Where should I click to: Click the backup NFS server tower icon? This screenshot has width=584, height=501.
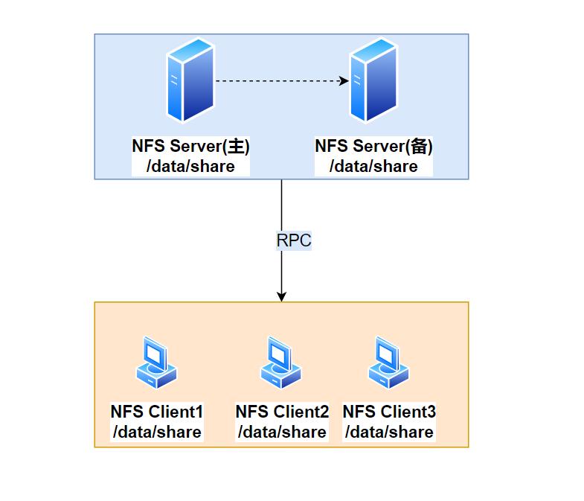tap(373, 81)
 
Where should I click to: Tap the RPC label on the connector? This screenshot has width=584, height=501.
tap(293, 240)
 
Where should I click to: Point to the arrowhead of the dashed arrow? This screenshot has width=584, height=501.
tap(344, 81)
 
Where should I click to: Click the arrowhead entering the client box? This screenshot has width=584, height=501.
tap(281, 296)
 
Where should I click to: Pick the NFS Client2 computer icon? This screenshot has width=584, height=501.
tap(281, 363)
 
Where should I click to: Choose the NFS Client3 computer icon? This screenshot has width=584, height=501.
tap(389, 363)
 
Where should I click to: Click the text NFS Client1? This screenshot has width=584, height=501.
tap(156, 412)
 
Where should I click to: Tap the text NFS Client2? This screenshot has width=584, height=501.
tap(281, 412)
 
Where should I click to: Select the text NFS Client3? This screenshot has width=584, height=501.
tap(389, 412)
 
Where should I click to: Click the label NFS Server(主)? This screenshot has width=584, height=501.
tap(191, 146)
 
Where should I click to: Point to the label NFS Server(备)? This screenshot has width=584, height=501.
tap(373, 146)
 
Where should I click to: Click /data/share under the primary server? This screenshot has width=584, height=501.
tap(191, 166)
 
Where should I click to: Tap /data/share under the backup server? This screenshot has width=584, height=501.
tap(373, 166)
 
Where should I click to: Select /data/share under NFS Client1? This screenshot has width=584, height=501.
tap(156, 432)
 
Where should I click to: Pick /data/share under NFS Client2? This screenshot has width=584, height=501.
tap(281, 432)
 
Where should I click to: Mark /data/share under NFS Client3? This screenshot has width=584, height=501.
tap(389, 432)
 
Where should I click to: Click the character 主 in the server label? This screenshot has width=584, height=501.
tap(237, 146)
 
